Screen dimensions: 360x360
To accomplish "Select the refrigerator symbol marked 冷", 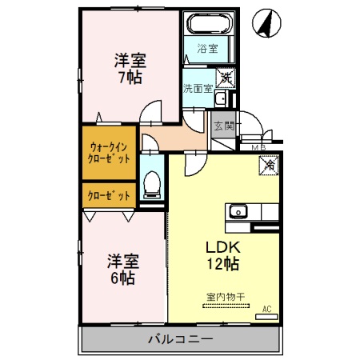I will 269,166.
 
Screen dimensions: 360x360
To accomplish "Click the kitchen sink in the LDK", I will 238,212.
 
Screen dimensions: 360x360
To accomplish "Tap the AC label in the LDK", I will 266,308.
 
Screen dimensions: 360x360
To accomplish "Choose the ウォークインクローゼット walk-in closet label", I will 108,152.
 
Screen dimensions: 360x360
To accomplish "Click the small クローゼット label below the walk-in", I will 108,195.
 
